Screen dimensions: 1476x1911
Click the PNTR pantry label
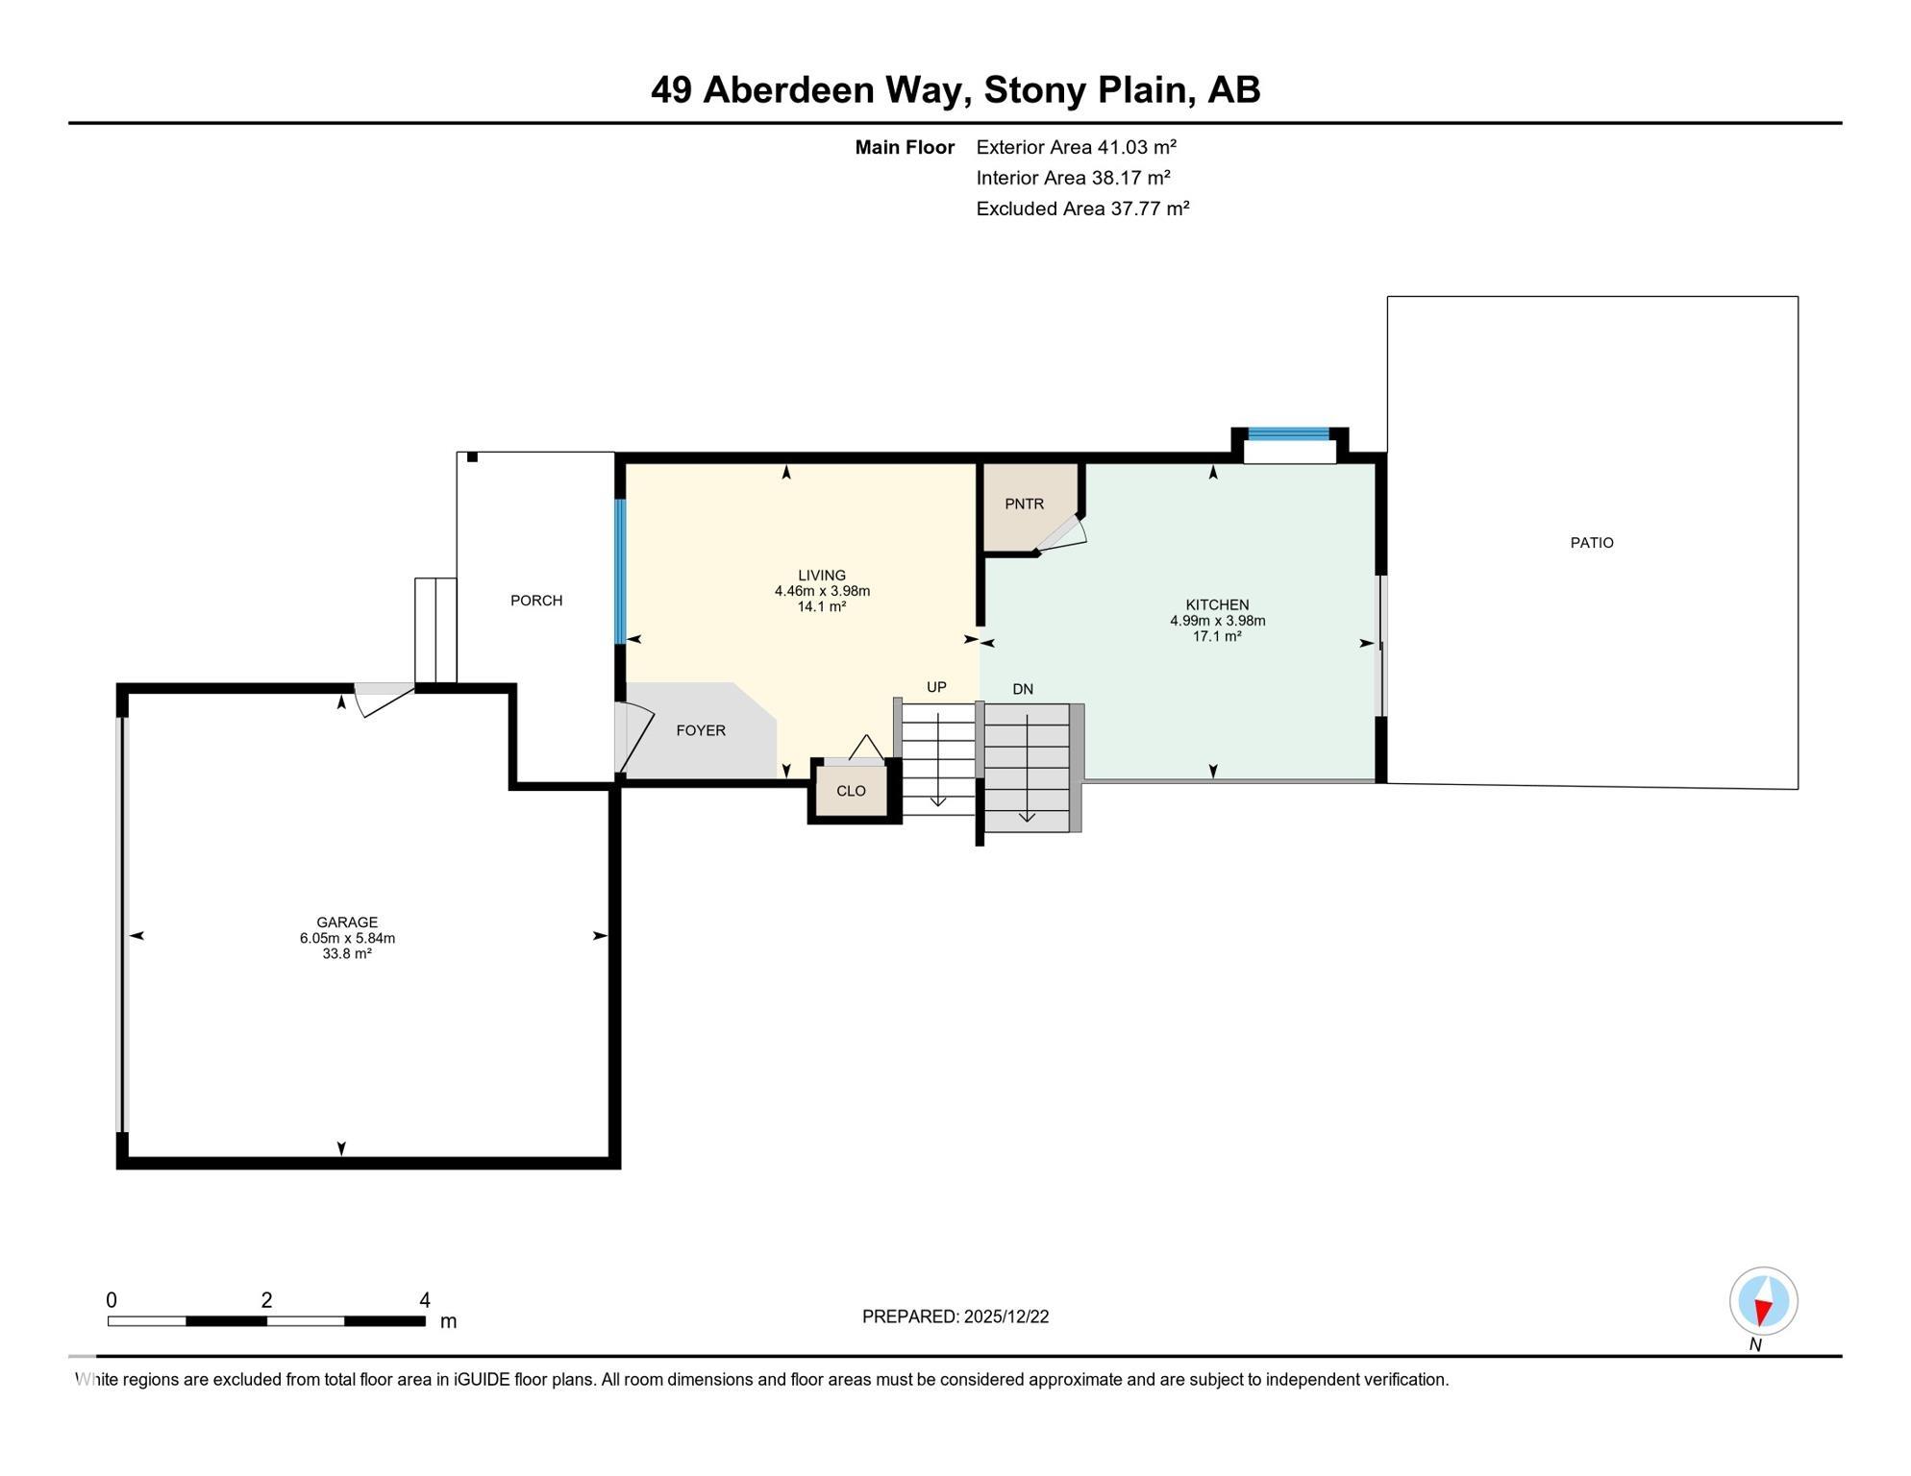click(x=1024, y=504)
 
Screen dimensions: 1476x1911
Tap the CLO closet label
click(x=851, y=791)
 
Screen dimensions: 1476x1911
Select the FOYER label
click(x=701, y=730)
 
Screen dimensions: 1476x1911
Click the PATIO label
click(x=1592, y=543)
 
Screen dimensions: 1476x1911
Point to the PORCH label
click(x=536, y=601)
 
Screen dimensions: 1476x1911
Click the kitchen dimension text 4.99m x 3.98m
click(x=1217, y=621)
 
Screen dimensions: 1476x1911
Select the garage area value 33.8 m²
click(x=347, y=954)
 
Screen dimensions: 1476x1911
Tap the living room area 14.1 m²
click(x=822, y=607)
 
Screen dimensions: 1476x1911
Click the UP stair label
click(x=936, y=687)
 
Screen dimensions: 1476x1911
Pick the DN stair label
click(x=1023, y=689)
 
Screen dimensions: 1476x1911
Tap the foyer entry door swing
click(x=634, y=738)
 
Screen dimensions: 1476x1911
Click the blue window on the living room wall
click(x=620, y=572)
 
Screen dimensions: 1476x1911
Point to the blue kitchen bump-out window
click(x=1288, y=434)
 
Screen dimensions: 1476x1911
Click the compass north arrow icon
click(x=1763, y=1302)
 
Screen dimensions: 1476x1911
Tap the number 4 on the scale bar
click(x=425, y=1300)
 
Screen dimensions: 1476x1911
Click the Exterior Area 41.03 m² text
click(x=1076, y=147)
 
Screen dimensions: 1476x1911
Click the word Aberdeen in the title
click(x=831, y=90)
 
